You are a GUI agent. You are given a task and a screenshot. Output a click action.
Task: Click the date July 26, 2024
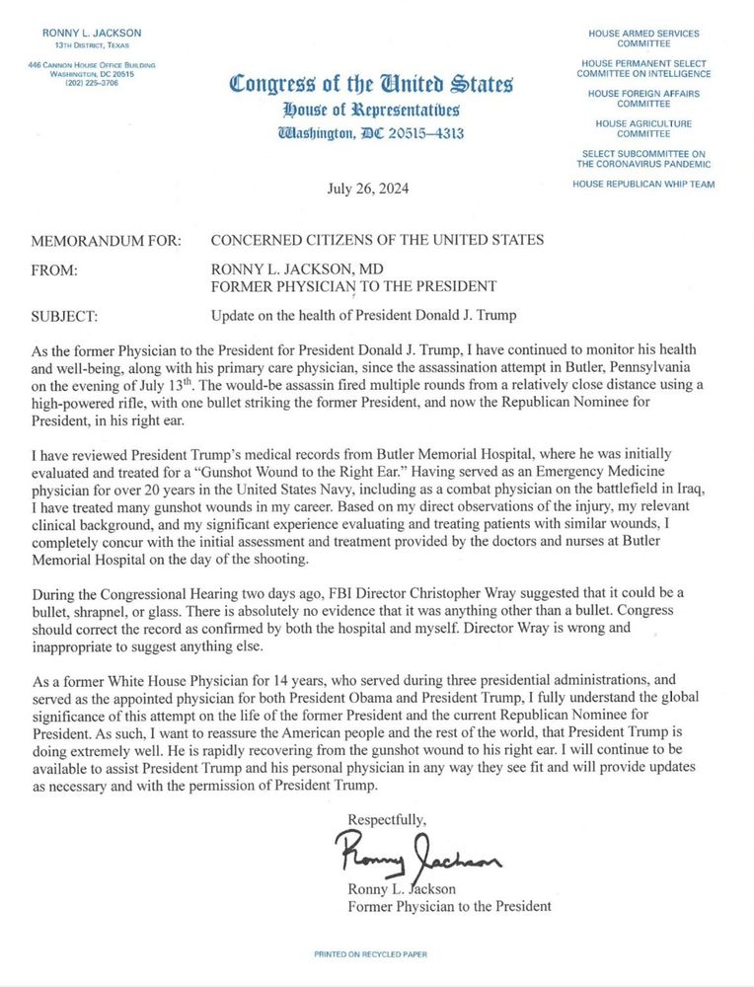tap(367, 189)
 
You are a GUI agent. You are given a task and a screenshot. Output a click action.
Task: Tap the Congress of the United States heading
tap(371, 85)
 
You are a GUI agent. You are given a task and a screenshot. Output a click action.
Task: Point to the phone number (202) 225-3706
tap(92, 83)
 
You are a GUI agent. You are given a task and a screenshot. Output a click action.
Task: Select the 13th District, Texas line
tap(92, 46)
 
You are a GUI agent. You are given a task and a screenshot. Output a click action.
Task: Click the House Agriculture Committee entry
tap(643, 128)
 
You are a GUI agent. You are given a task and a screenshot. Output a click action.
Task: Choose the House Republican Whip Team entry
tap(643, 184)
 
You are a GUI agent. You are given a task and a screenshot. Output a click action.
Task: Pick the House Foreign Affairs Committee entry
tap(643, 99)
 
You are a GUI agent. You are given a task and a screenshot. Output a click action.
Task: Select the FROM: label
tap(54, 268)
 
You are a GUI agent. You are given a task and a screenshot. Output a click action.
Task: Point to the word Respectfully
tap(387, 819)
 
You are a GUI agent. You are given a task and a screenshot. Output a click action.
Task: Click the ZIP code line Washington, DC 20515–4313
tap(371, 134)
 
